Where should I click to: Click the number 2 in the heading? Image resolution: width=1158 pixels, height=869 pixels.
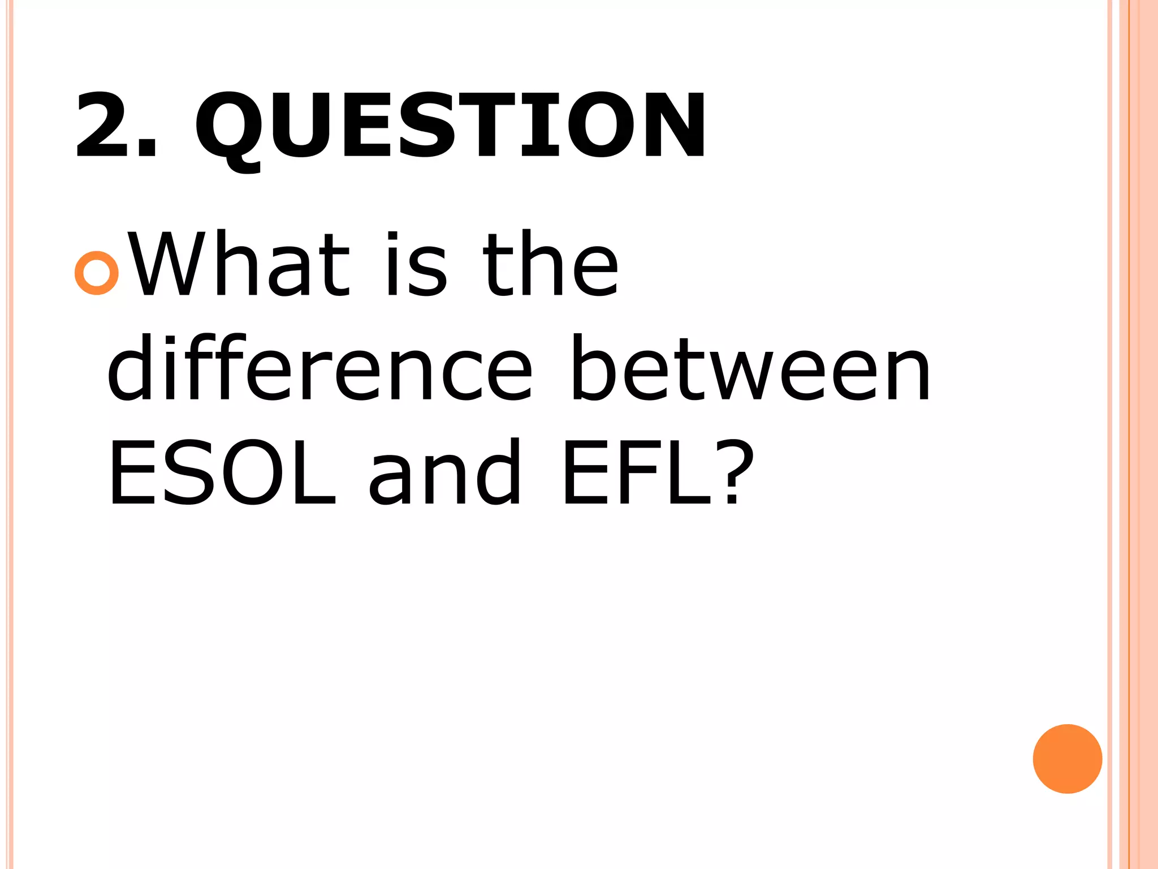click(103, 125)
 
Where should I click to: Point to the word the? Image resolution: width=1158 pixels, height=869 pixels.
click(550, 264)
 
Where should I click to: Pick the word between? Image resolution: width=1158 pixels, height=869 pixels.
click(750, 368)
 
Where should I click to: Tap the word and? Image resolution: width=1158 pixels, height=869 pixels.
click(444, 472)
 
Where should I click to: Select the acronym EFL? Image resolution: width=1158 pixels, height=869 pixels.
click(636, 472)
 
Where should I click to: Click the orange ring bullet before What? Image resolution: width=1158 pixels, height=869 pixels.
click(97, 273)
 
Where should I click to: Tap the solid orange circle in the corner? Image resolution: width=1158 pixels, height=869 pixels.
click(1067, 759)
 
